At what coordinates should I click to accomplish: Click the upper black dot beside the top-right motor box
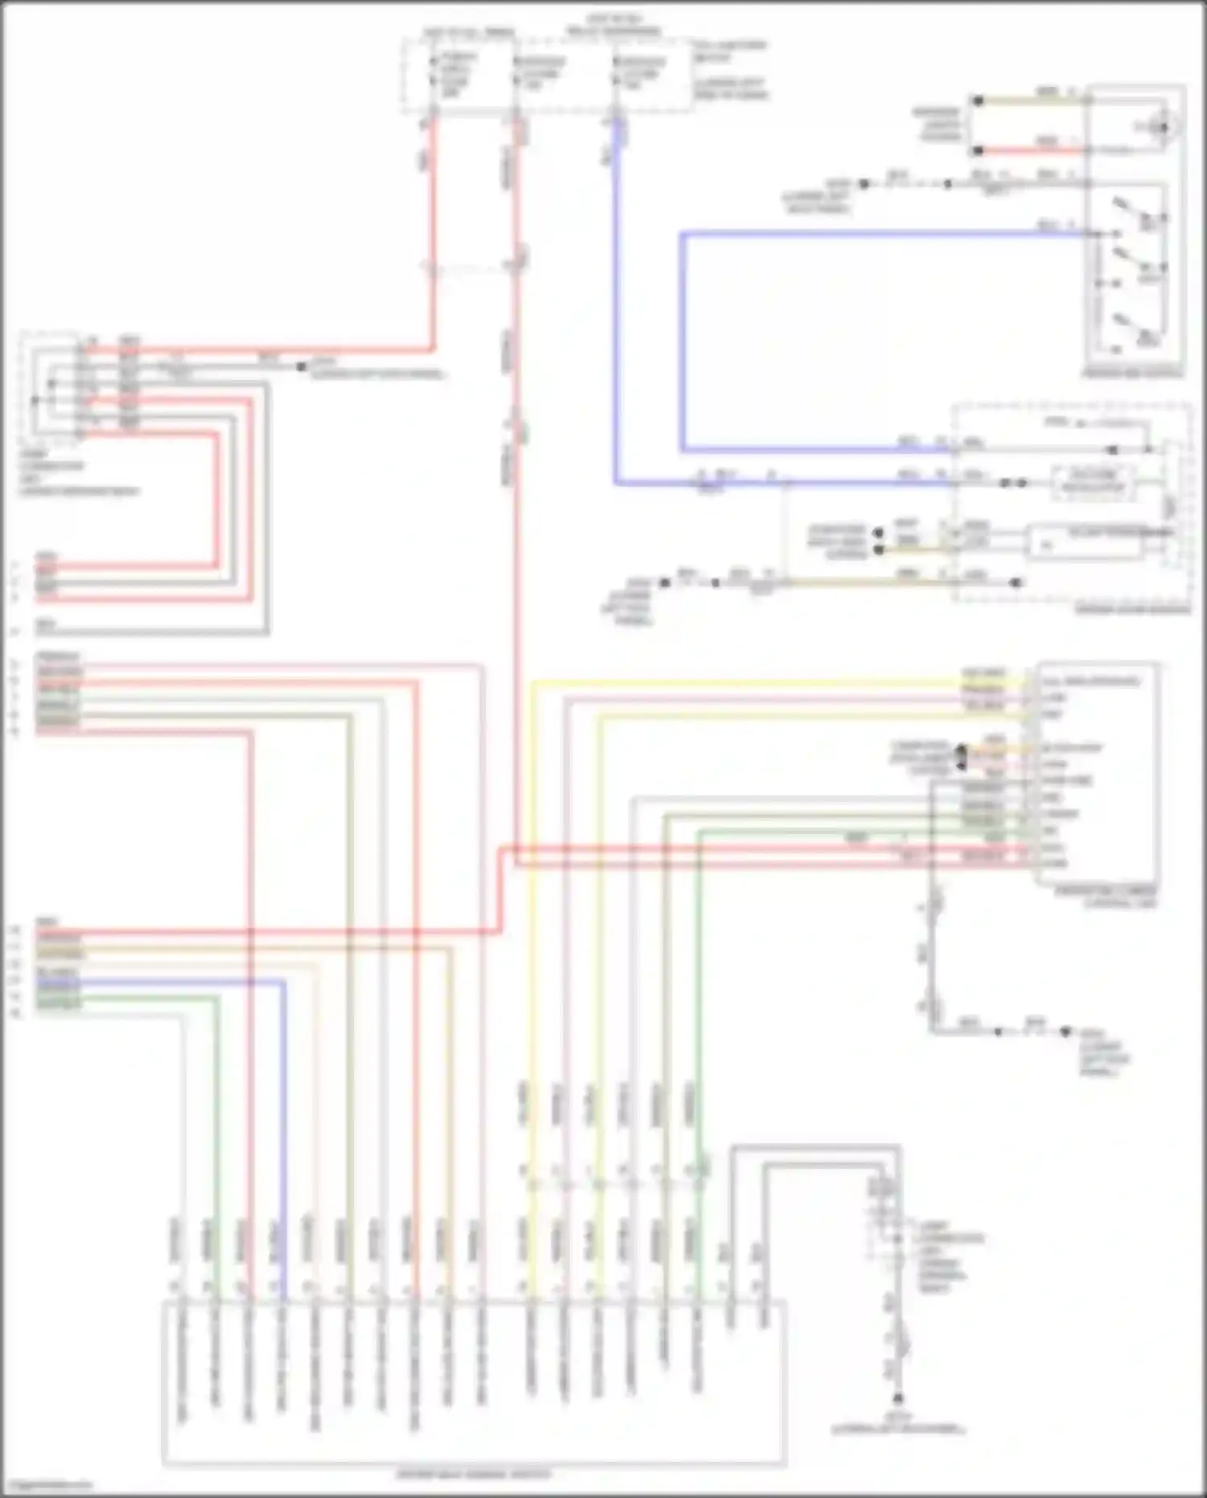(x=978, y=101)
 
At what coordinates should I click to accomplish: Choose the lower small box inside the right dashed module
(x=1086, y=541)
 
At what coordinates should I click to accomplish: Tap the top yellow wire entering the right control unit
(x=772, y=683)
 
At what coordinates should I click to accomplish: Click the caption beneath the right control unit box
(x=1107, y=897)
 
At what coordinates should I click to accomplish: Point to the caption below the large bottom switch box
(x=474, y=1475)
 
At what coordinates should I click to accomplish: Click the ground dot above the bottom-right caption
(x=898, y=1399)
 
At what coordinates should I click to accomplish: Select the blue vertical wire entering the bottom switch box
(x=283, y=1127)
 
